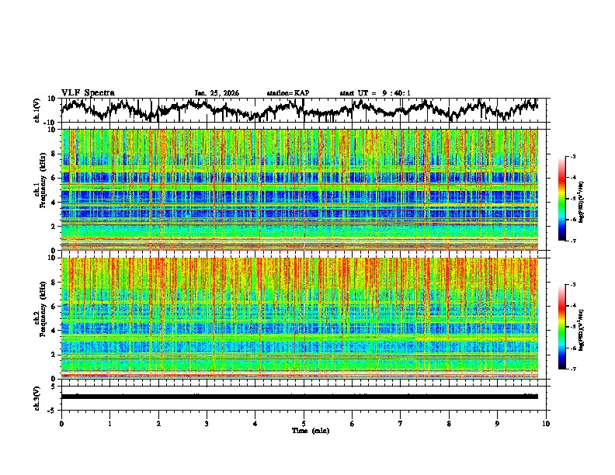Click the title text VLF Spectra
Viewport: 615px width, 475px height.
coord(88,92)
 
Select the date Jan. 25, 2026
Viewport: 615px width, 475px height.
coord(217,93)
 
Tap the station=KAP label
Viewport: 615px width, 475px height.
coord(288,93)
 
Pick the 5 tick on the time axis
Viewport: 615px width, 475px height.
coord(304,423)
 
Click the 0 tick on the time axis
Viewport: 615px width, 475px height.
coord(61,423)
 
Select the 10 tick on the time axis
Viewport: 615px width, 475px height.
coord(547,423)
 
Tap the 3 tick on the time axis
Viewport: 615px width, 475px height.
coord(207,423)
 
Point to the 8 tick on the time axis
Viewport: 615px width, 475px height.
coord(450,423)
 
